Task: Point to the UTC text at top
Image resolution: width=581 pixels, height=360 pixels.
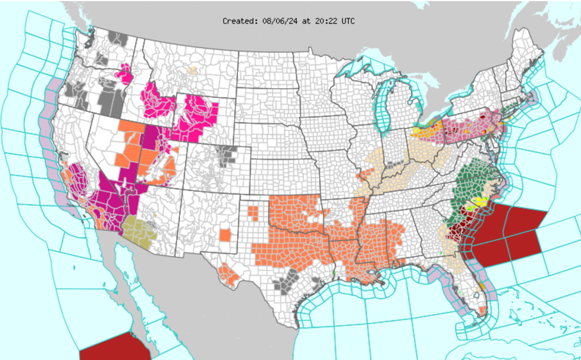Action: click(347, 21)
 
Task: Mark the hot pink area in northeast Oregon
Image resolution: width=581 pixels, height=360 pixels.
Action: click(125, 75)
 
